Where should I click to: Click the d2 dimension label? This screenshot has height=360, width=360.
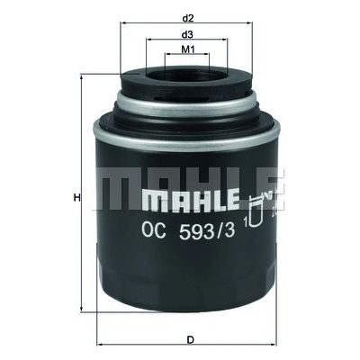[x=187, y=18]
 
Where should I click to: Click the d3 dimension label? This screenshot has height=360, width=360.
[x=186, y=34]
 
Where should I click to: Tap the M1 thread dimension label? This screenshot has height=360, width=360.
[x=187, y=49]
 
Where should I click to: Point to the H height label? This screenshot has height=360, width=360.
[x=77, y=198]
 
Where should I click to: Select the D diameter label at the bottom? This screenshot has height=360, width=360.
[x=190, y=340]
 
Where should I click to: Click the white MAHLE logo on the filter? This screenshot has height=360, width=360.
[x=190, y=200]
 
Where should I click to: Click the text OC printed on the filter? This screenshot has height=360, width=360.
[x=154, y=231]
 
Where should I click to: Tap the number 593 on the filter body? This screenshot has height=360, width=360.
[x=195, y=231]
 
